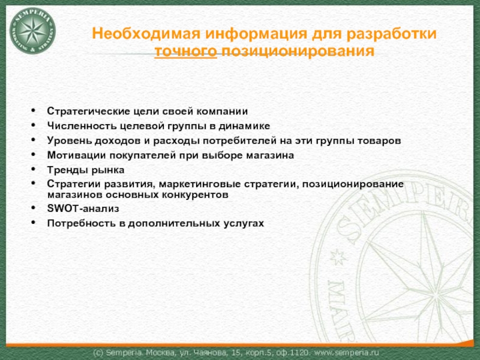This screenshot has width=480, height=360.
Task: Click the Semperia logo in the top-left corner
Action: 33,31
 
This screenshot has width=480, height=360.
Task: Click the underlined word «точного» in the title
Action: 185,50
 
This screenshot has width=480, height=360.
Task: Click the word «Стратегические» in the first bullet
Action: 89,111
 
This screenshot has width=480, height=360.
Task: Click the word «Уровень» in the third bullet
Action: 69,140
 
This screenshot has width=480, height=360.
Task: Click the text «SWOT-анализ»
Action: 83,208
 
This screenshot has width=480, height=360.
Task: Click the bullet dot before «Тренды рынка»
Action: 34,169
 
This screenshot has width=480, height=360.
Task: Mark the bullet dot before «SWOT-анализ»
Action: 34,207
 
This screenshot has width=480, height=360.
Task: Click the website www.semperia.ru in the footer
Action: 347,353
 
